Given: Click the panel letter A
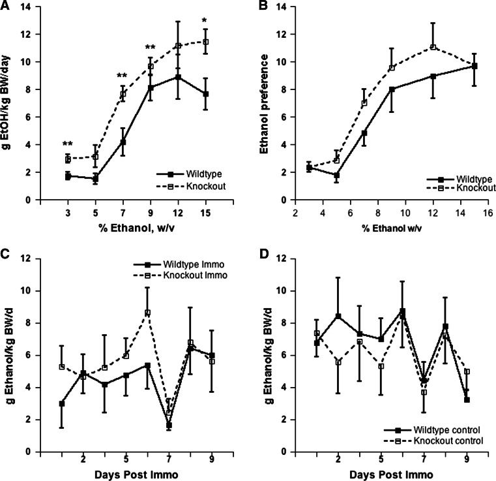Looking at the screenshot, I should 6,7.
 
